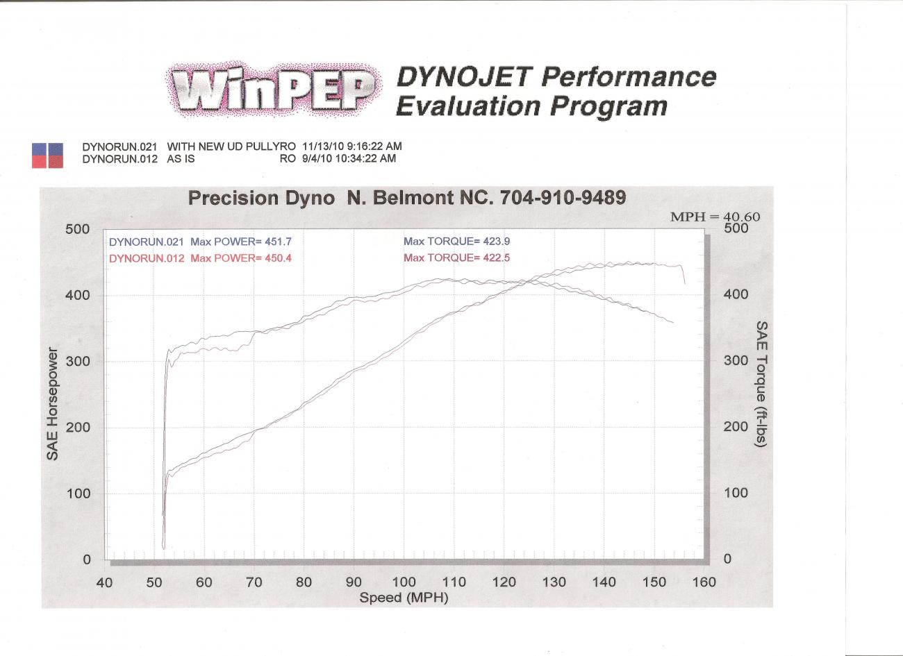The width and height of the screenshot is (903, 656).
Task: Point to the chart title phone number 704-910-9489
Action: [563, 198]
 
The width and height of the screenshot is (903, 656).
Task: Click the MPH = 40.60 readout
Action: [715, 217]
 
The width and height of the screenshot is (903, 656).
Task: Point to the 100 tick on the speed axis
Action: [404, 582]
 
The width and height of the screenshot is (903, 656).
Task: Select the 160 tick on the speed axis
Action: [704, 582]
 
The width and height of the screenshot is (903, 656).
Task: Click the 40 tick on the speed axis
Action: [104, 582]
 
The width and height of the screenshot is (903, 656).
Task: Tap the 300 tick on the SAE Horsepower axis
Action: [78, 361]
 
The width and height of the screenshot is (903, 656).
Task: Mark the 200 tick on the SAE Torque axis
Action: [736, 427]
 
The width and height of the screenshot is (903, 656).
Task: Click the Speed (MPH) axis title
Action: [404, 598]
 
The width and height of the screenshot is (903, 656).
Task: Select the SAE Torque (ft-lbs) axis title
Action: [761, 384]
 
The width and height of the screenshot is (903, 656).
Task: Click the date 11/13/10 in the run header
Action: [323, 146]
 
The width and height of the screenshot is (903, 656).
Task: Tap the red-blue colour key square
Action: [47, 155]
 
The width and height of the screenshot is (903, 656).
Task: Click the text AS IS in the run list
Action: [181, 158]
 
